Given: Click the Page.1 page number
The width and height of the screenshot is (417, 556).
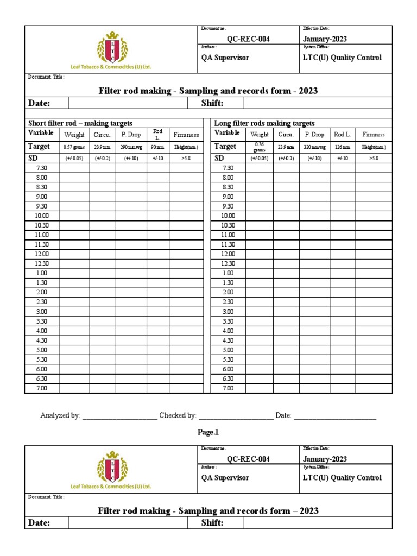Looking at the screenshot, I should [x=208, y=433].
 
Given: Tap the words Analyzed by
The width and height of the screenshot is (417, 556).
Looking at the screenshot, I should [x=60, y=415].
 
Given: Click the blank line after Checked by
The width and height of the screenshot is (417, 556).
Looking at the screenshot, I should [x=236, y=416].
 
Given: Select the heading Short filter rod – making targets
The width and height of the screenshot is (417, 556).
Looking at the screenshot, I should [x=80, y=123].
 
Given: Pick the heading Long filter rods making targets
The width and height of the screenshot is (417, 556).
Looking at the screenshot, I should [x=264, y=123].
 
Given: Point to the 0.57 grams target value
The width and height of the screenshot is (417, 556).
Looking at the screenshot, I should [x=74, y=147].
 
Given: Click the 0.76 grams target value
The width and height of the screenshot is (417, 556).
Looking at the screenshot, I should [x=259, y=147].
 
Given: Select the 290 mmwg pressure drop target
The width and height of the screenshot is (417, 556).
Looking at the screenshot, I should [x=131, y=147].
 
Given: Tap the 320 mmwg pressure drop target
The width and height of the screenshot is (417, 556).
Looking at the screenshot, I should [x=314, y=147].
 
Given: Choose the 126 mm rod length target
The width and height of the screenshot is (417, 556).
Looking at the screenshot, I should [x=343, y=147].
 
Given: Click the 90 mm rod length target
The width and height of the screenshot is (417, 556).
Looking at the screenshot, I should [x=157, y=147].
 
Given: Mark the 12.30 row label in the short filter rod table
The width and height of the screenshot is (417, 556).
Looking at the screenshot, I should [x=42, y=263].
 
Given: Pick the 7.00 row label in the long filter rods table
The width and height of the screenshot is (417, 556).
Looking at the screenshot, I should [x=228, y=388].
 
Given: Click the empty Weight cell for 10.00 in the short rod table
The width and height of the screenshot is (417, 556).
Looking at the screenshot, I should [x=74, y=216].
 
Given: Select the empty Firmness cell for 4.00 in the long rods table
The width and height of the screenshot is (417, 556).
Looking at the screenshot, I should [x=374, y=331].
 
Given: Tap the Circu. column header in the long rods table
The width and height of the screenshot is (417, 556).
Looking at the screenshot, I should [x=286, y=134].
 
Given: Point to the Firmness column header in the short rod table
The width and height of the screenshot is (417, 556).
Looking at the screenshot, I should [x=186, y=135].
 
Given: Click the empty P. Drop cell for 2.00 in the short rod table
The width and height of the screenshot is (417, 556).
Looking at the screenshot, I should [x=131, y=292].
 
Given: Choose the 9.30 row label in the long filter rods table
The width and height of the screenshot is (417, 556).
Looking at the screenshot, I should [x=228, y=206].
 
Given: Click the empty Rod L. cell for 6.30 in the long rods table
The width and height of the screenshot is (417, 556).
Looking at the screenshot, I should [x=343, y=378].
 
